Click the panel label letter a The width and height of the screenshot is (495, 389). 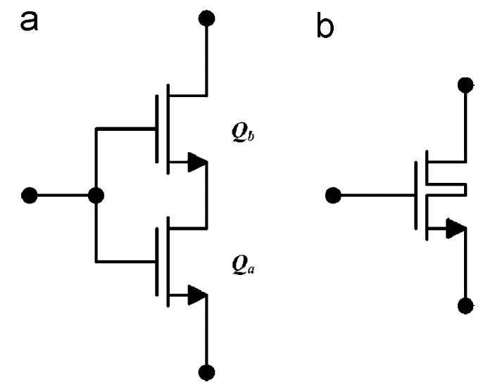pos(29,20)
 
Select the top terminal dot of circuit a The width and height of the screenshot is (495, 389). pos(206,18)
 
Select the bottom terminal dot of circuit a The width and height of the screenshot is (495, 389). pos(206,372)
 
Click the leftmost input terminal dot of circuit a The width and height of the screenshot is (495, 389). pos(29,195)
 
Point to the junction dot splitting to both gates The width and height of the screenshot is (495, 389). pos(96,195)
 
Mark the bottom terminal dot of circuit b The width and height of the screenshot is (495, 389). pos(465,306)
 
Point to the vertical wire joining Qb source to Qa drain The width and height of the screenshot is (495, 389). pos(206,197)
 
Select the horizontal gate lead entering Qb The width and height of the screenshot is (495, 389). pos(125,129)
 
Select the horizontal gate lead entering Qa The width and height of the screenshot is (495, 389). pos(125,261)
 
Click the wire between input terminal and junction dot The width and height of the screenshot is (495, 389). pos(62,195)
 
